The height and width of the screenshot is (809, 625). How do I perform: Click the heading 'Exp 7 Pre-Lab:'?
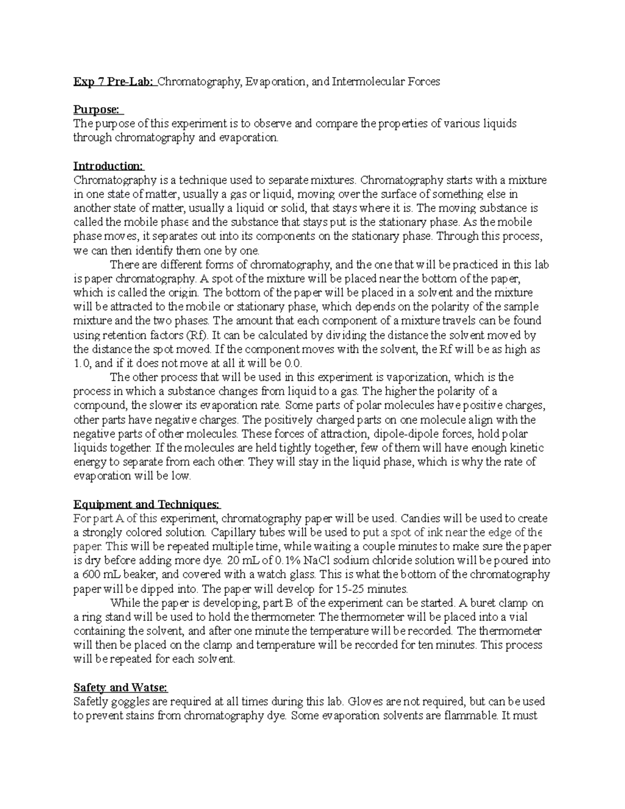tap(114, 81)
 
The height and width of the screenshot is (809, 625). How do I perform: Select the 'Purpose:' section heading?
tap(97, 109)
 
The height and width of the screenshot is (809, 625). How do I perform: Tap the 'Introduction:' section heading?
tap(108, 166)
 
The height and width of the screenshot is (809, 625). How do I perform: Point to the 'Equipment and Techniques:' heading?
tap(147, 504)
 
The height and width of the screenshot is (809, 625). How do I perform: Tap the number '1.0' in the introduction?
tap(83, 363)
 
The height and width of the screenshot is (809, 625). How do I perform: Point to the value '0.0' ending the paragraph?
tap(294, 363)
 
